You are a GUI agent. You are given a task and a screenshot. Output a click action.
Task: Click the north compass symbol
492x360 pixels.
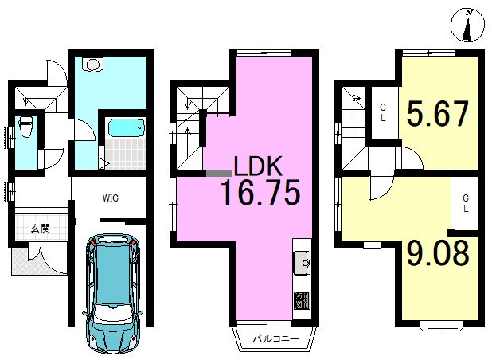pos(467,26)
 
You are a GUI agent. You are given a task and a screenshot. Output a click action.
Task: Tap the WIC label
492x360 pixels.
pos(110,198)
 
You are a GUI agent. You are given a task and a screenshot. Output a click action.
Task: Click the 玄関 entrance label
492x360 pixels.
pos(40,228)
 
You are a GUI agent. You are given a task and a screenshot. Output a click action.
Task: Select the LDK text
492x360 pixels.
pos(258,166)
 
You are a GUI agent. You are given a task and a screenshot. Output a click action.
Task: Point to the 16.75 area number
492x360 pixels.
pos(261,192)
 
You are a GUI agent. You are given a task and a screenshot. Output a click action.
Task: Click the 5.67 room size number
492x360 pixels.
pos(438,113)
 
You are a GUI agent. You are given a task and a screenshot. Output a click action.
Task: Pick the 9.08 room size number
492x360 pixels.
pos(438,252)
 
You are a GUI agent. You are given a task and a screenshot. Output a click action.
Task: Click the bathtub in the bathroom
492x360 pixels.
pos(127,128)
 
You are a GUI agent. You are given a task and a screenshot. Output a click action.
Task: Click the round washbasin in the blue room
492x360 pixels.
pos(92,65)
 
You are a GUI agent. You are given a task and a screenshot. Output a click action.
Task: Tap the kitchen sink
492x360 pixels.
pos(302,263)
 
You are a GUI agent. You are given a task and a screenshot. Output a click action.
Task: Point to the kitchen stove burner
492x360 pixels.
pos(303,300)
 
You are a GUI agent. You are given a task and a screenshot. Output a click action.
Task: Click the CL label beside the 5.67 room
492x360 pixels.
pos(383,113)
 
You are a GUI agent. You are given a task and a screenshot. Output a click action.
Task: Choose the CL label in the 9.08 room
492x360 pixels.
pos(465,203)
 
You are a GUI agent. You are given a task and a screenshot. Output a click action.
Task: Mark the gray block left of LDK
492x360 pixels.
pos(219,173)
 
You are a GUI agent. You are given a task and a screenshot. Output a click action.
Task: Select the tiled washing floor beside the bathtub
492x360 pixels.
pos(126,154)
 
